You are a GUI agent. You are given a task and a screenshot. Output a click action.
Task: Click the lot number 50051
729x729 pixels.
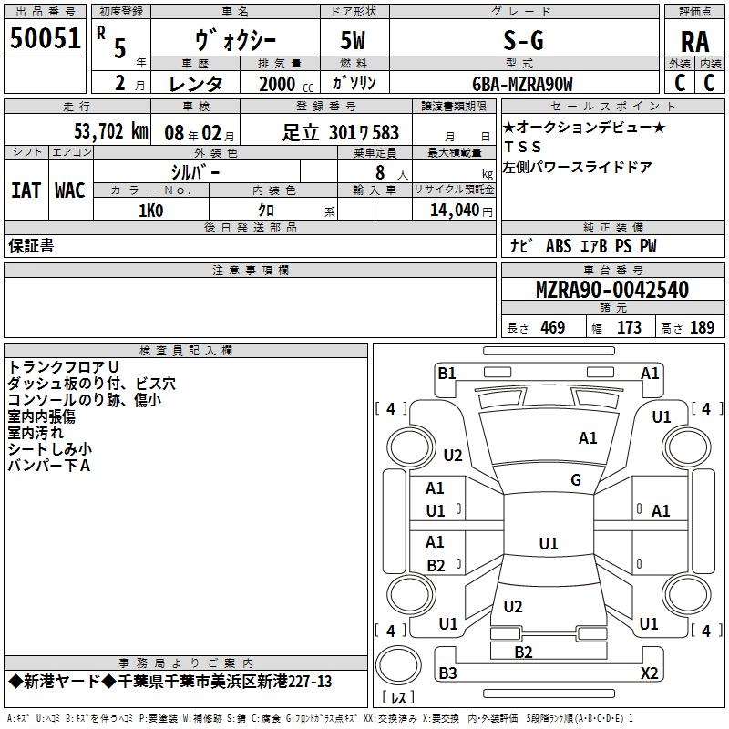tap(45, 38)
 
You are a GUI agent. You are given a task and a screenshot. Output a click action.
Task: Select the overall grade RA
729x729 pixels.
tap(694, 42)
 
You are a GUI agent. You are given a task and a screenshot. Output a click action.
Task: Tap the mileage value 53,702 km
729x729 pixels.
tap(111, 131)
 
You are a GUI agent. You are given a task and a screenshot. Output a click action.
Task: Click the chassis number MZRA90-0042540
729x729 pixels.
tap(612, 290)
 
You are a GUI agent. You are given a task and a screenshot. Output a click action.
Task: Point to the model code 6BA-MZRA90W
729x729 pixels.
tap(522, 84)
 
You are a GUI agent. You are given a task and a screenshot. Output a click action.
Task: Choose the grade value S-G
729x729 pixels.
tap(523, 41)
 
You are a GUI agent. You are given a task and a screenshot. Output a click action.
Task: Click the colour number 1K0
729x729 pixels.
tap(151, 210)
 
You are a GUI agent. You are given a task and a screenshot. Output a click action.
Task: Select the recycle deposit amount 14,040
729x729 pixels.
tap(455, 210)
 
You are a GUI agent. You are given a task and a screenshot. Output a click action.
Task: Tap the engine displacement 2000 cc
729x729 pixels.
tap(286, 84)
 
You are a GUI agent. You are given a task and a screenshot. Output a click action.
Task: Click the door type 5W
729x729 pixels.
tap(353, 40)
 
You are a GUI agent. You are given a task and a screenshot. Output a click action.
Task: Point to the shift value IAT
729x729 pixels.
tap(26, 190)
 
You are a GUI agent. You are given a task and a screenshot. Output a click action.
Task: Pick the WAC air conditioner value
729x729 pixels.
tap(70, 190)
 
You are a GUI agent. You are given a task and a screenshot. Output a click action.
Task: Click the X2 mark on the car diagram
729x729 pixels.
tap(649, 673)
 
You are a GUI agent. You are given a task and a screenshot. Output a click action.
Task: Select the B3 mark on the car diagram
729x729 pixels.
tap(447, 673)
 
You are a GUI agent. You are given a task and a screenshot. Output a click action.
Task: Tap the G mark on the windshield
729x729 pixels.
tap(576, 480)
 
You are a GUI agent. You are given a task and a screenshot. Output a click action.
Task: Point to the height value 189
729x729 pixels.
tap(702, 328)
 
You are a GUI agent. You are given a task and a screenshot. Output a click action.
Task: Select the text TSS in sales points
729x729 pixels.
tap(523, 147)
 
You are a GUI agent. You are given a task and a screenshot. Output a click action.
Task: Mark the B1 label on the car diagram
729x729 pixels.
tap(447, 374)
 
